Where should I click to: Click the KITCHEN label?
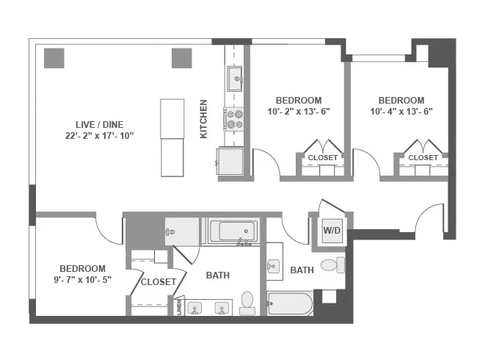pyautogui.click(x=203, y=119)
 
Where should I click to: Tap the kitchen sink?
pyautogui.click(x=235, y=79)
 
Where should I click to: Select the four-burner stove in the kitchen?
pyautogui.click(x=235, y=118)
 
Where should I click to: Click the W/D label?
pyautogui.click(x=332, y=231)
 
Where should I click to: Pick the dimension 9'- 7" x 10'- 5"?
pyautogui.click(x=82, y=280)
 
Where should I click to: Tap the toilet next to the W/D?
pyautogui.click(x=334, y=264)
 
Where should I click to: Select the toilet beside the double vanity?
pyautogui.click(x=247, y=302)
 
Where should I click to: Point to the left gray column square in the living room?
pyautogui.click(x=53, y=58)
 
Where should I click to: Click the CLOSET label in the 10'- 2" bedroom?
pyautogui.click(x=322, y=157)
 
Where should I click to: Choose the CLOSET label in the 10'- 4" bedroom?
pyautogui.click(x=423, y=157)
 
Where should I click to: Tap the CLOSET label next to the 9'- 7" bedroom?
pyautogui.click(x=158, y=281)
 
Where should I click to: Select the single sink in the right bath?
pyautogui.click(x=274, y=266)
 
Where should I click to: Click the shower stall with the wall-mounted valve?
pyautogui.click(x=182, y=232)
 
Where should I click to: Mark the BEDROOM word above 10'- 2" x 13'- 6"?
pyautogui.click(x=298, y=100)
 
